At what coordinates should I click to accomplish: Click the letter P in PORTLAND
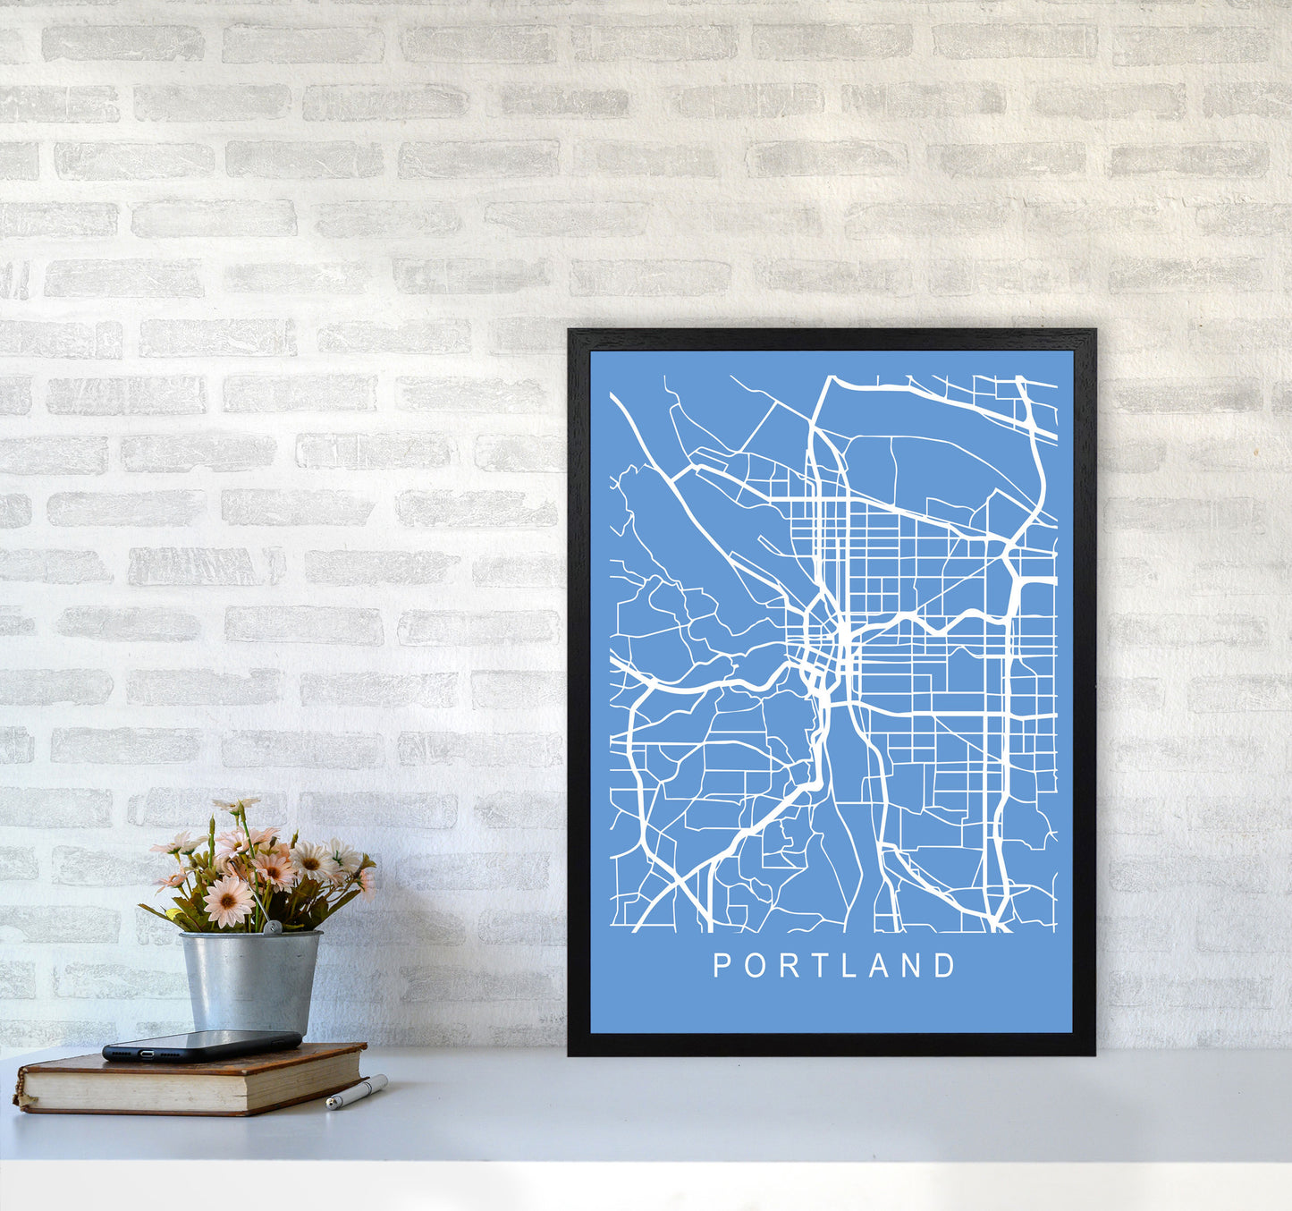(x=721, y=965)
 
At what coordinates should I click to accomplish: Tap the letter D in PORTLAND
(x=945, y=965)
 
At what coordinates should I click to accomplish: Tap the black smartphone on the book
(x=202, y=1044)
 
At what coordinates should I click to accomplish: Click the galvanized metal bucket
(x=250, y=980)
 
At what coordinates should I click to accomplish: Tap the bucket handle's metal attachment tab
(x=270, y=930)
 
